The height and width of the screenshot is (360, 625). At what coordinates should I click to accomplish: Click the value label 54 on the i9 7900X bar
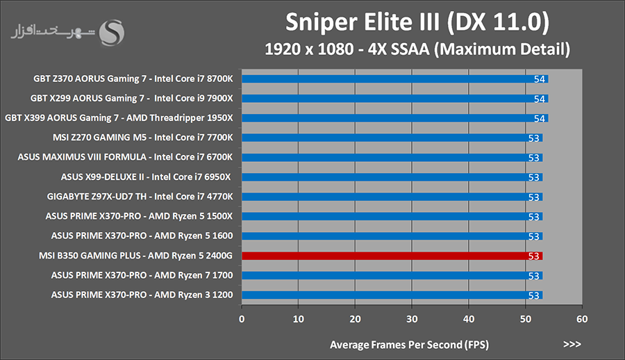(x=540, y=99)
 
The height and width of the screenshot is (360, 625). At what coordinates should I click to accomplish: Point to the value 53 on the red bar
(x=534, y=256)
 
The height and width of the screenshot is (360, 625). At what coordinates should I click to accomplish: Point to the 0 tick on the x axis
(x=242, y=319)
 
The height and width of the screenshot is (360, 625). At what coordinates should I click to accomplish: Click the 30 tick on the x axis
(x=412, y=319)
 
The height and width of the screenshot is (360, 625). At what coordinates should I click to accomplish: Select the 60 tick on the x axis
(x=582, y=319)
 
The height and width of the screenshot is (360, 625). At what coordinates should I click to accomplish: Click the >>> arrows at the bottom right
(x=572, y=344)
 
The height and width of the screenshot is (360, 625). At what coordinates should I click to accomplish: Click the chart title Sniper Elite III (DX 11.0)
(x=417, y=23)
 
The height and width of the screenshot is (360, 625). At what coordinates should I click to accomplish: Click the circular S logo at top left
(x=112, y=31)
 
